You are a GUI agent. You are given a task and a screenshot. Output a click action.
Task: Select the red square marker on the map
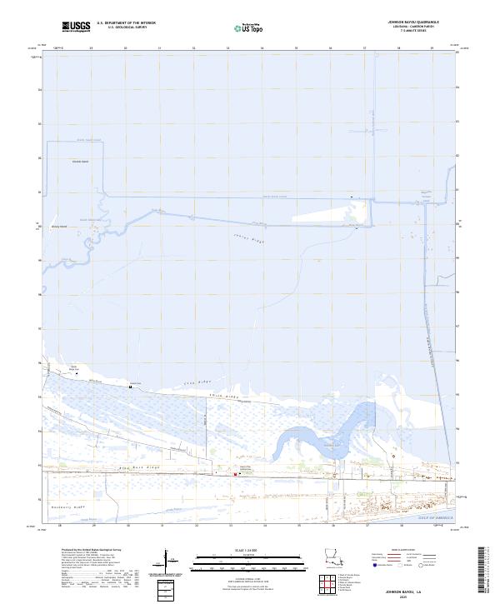coord(236,475)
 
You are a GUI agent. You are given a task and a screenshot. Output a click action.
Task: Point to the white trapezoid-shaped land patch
coord(325,216)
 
